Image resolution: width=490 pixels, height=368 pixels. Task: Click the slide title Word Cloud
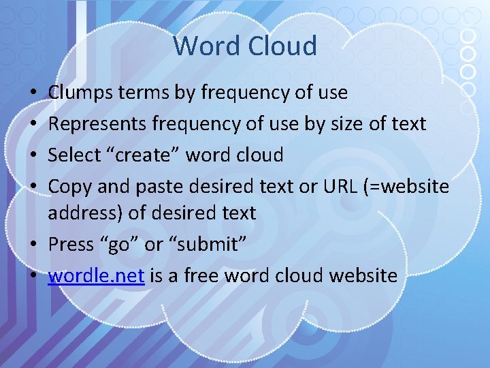coord(245,46)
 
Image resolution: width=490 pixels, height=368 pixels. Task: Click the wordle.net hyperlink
coord(96,275)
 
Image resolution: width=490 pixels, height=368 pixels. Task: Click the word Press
coord(69,244)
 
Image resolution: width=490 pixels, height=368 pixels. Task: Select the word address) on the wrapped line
coord(85,213)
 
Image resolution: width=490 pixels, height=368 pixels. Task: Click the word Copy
coord(65,187)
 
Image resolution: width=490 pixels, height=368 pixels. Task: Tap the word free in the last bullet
coord(203,275)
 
